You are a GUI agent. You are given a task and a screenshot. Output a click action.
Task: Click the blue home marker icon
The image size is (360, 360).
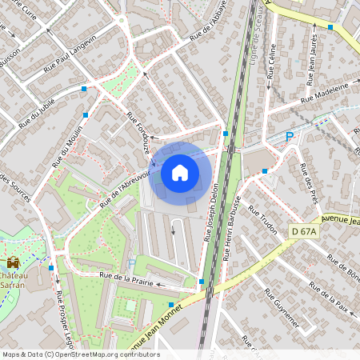coord(180,172)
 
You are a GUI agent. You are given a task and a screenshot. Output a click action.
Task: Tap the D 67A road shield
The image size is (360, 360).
coord(304,231)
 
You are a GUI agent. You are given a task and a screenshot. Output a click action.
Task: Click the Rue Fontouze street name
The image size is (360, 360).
coord(140,132)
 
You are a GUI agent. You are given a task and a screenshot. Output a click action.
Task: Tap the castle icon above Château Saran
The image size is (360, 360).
coord(13,262)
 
